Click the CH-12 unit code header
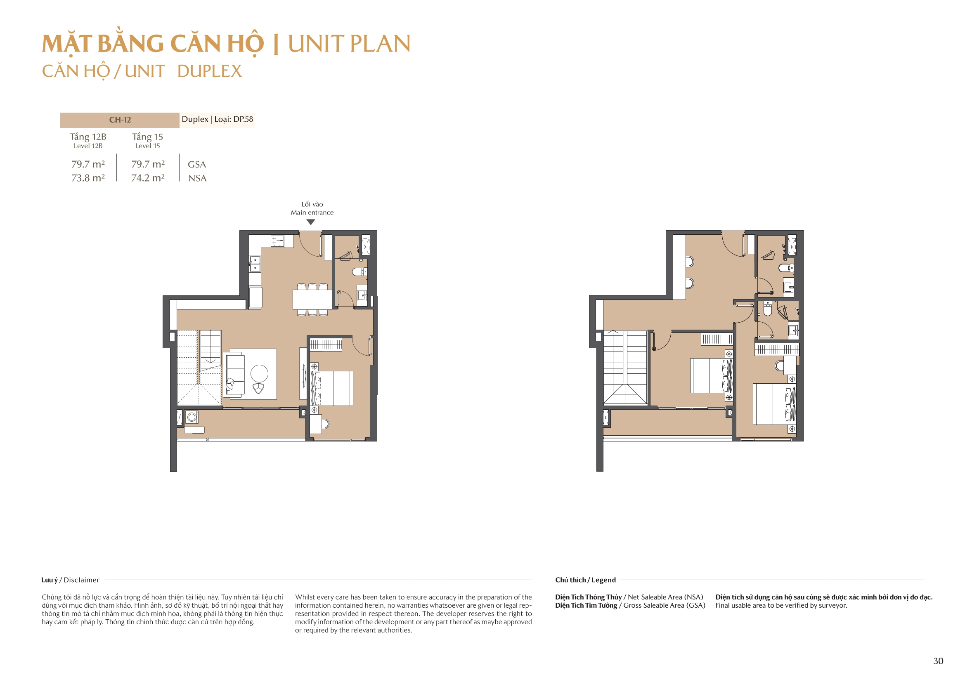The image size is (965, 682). tap(120, 120)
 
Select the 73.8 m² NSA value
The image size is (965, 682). tap(88, 178)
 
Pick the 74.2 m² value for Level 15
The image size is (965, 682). tap(147, 178)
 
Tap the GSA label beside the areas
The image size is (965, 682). tap(197, 165)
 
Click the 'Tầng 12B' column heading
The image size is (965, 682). tap(88, 137)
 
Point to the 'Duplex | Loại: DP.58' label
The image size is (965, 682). tap(217, 119)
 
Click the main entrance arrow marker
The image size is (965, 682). tap(311, 222)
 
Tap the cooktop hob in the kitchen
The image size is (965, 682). tap(277, 241)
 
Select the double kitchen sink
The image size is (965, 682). tap(255, 264)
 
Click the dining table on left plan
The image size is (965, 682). tap(312, 300)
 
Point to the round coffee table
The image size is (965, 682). tap(259, 373)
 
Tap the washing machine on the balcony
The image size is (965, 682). tap(192, 417)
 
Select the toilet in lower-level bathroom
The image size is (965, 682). tap(358, 272)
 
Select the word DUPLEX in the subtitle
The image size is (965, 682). tap(209, 71)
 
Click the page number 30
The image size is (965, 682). tap(938, 661)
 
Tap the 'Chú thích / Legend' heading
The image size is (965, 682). tap(585, 580)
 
